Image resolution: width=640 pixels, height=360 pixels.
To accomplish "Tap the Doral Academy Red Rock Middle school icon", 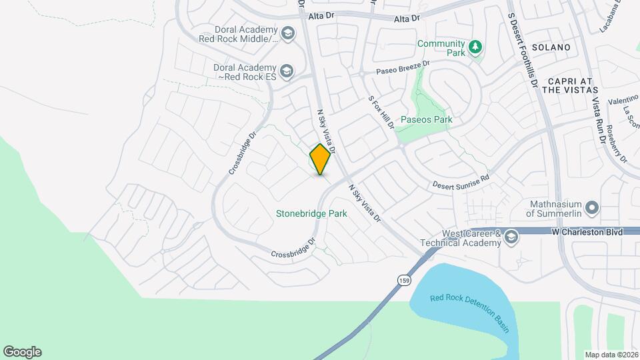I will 288,34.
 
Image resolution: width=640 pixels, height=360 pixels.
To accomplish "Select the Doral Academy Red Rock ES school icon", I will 286,71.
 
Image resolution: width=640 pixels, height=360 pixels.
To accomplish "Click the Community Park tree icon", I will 475,47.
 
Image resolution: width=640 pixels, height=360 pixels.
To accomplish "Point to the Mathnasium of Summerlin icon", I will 591,208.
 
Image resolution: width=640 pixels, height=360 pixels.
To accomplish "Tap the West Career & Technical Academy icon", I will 511,237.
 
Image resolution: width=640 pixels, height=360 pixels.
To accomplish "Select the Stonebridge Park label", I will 311,214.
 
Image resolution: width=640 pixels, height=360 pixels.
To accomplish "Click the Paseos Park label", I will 426,120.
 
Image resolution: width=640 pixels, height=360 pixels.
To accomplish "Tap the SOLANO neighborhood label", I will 551,47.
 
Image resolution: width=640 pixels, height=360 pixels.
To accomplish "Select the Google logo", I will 22,352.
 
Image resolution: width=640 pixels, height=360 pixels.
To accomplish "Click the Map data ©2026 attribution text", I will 611,355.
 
